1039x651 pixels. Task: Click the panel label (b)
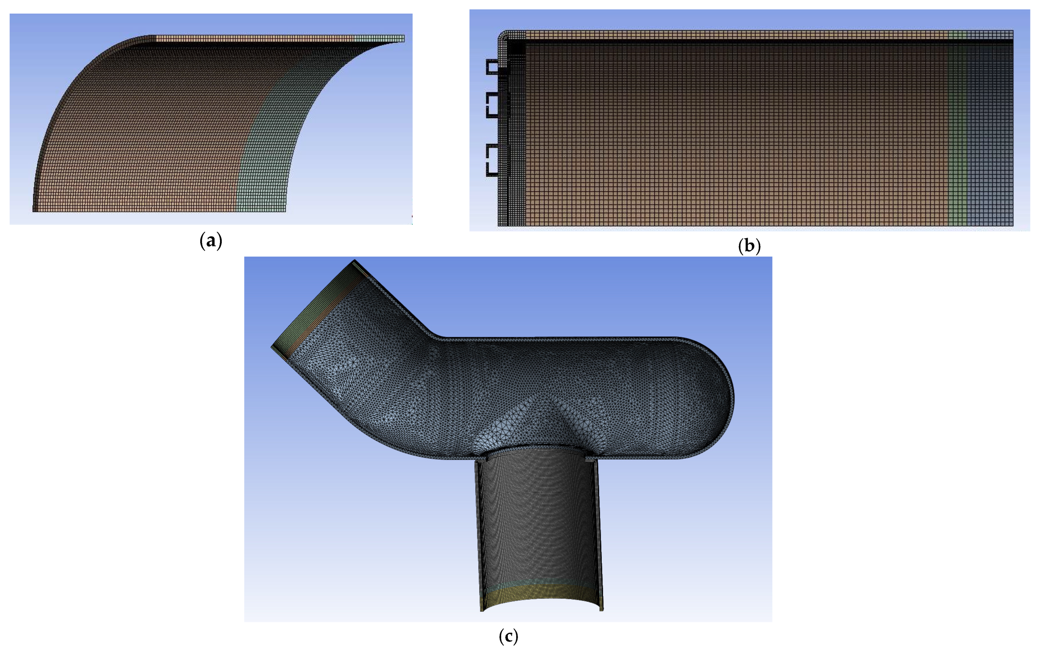tap(749, 246)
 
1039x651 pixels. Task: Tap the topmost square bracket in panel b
tap(492, 67)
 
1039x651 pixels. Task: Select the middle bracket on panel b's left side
tap(492, 105)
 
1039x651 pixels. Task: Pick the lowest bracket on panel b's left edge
tap(492, 160)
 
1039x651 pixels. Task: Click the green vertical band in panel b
tap(957, 129)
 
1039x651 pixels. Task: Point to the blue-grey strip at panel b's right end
tap(990, 129)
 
